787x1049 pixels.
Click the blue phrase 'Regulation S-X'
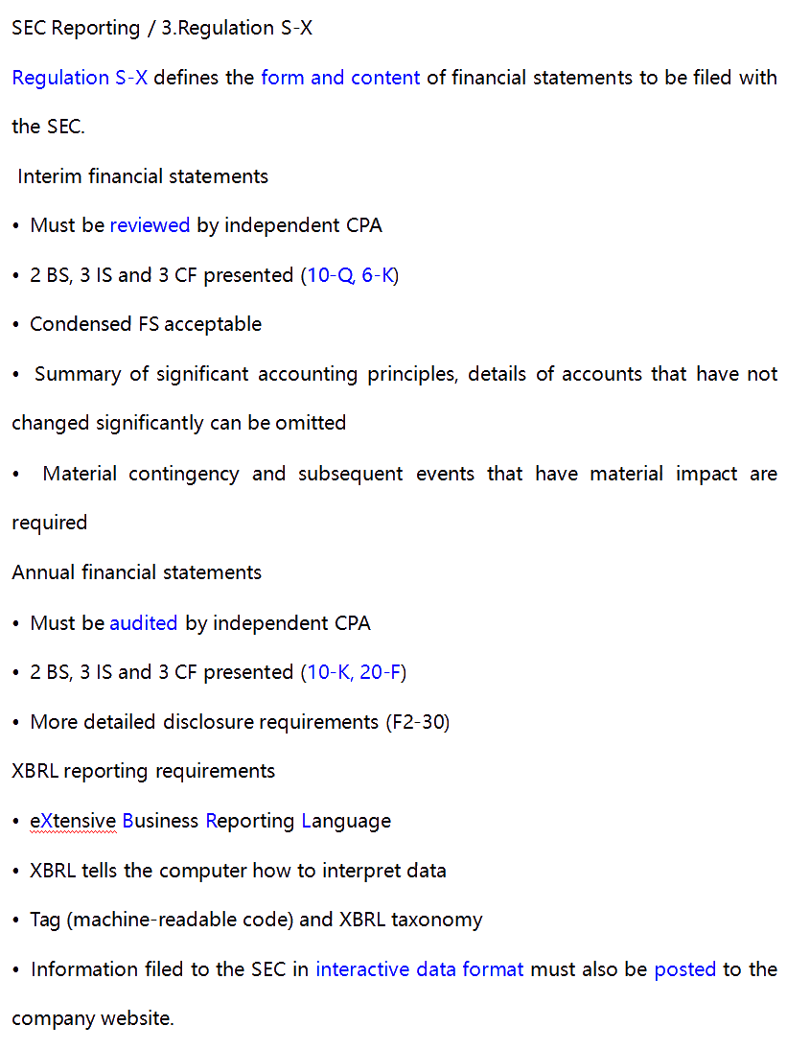tap(80, 78)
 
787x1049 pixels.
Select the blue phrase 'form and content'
tap(340, 78)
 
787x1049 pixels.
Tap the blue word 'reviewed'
tap(150, 225)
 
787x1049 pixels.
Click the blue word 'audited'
tap(144, 623)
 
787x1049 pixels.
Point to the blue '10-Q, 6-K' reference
tap(350, 275)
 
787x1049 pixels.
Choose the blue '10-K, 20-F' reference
tap(354, 672)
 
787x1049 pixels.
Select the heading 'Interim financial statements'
tap(143, 176)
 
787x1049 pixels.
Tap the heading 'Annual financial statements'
tap(136, 572)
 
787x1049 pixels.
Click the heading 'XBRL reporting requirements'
tap(143, 771)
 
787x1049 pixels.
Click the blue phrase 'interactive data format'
tap(420, 969)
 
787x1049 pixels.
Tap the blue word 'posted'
tap(684, 969)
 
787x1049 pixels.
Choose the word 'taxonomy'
tap(436, 920)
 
